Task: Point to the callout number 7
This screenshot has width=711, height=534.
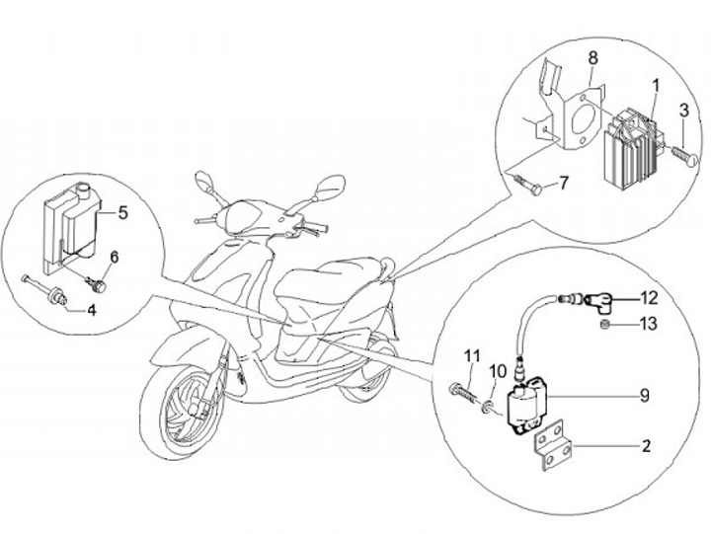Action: click(565, 183)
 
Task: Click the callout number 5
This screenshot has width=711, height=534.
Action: click(123, 211)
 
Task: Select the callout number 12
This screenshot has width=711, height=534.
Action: click(646, 296)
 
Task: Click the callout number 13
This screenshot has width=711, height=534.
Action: click(646, 323)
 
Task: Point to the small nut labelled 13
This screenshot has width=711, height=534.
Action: click(603, 324)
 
